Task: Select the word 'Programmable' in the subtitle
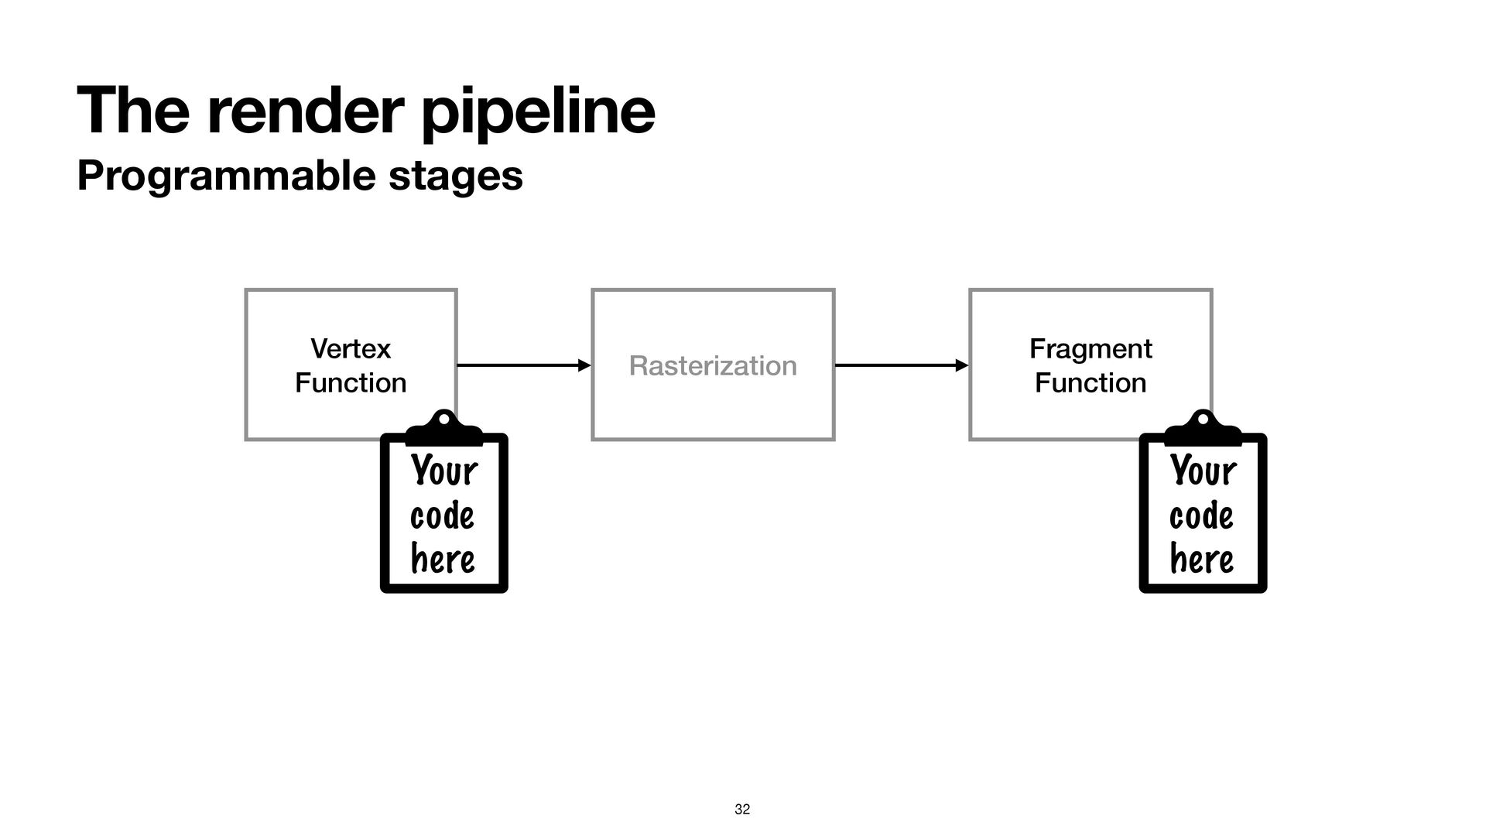click(x=228, y=176)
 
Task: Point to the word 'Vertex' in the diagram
click(x=351, y=349)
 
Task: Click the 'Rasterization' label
click(x=713, y=365)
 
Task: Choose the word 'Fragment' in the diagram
click(x=1091, y=349)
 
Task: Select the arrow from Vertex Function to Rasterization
click(x=524, y=365)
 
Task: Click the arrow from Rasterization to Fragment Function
click(x=902, y=365)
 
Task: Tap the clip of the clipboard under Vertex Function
click(x=443, y=428)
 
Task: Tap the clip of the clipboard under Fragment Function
click(x=1203, y=428)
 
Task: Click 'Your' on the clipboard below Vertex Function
click(x=444, y=471)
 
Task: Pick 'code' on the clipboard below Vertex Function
click(x=442, y=516)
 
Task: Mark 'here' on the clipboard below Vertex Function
click(x=443, y=559)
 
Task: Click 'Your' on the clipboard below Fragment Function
click(x=1204, y=471)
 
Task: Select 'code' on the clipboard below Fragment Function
click(x=1201, y=516)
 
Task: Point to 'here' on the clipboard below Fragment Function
click(x=1202, y=559)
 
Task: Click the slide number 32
click(x=742, y=810)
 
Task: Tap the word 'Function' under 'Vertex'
click(x=351, y=383)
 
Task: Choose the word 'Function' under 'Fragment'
click(x=1091, y=383)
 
